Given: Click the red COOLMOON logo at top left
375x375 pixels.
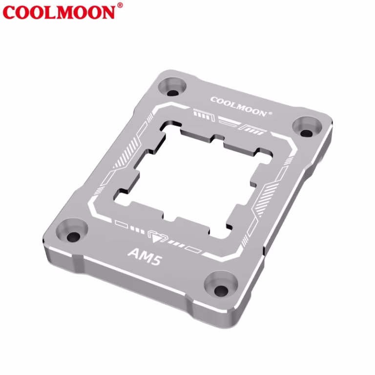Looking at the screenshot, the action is (x=59, y=12).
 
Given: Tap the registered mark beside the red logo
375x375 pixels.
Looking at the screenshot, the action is (x=120, y=5).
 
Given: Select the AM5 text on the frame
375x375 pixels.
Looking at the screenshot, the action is (x=145, y=257).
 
